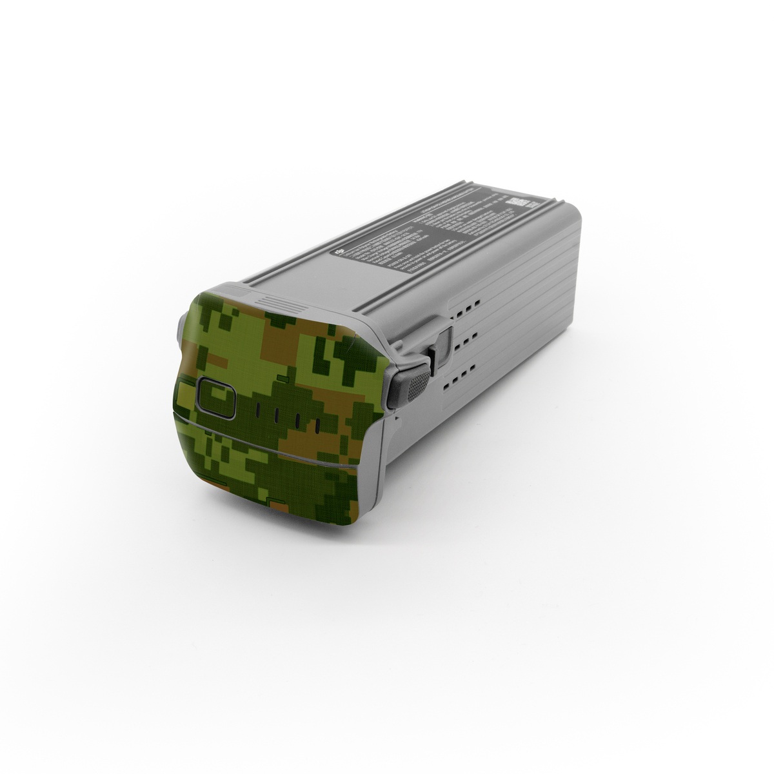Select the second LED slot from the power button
pos(279,415)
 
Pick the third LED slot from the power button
pos(298,421)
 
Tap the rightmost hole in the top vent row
pos(478,299)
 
